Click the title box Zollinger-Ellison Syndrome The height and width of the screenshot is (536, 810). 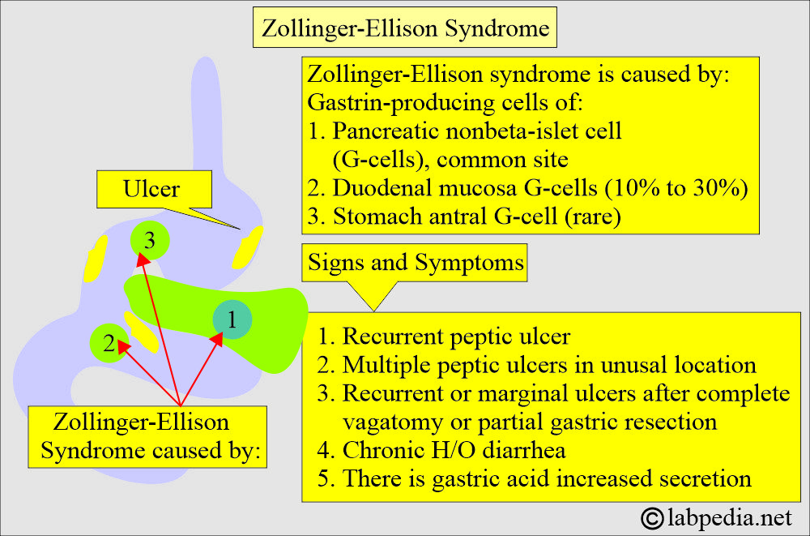tap(405, 28)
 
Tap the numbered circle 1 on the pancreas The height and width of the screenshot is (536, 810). tap(232, 321)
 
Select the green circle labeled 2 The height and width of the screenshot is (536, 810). tap(109, 343)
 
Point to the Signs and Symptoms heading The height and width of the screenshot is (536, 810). tap(416, 263)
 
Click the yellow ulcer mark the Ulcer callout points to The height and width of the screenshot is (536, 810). tap(247, 247)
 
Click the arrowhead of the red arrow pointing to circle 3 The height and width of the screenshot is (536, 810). tap(141, 258)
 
